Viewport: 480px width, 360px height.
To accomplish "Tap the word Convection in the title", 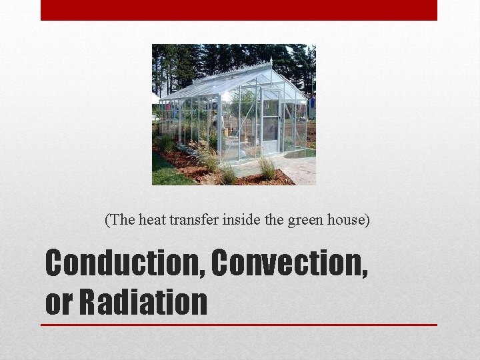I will (290, 263).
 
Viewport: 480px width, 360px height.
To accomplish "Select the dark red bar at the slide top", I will (239, 10).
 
